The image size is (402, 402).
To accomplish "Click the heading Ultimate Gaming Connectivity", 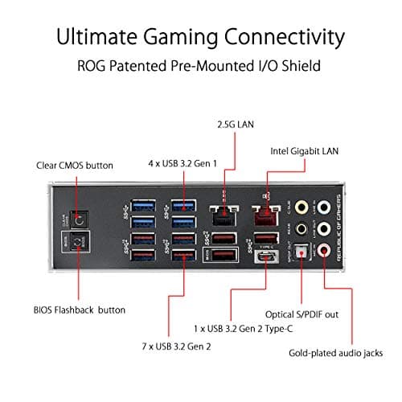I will click(x=201, y=37).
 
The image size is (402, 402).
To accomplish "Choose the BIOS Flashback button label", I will click(x=79, y=309).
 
